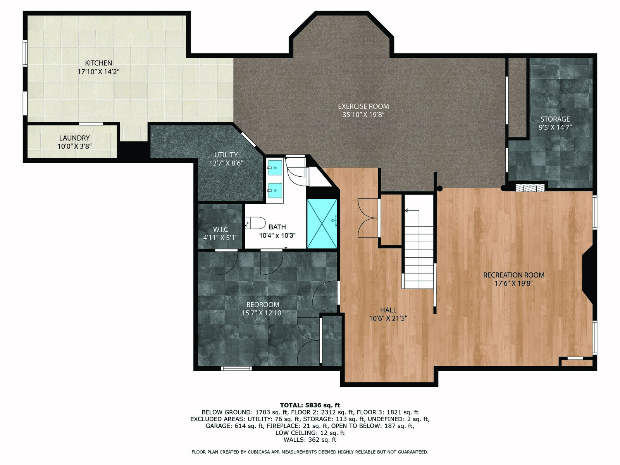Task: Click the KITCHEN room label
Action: pos(98,63)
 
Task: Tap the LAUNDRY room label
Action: pos(74,138)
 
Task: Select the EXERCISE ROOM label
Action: pos(363,107)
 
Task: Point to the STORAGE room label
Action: pos(555,119)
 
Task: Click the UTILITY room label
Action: pos(226,155)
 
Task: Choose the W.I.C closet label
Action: pos(220,229)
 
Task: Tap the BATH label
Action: pos(277,227)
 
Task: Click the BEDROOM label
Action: pos(263,305)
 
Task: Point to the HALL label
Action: pos(388,310)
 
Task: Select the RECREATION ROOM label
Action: pos(514,275)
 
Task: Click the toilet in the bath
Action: pos(255,223)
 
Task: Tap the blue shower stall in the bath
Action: pos(322,224)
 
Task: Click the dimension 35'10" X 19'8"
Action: pos(363,115)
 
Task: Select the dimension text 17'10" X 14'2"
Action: pos(98,72)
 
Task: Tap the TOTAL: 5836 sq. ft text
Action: pos(310,405)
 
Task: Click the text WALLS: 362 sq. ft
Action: pos(310,439)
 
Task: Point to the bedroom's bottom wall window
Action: pos(236,369)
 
